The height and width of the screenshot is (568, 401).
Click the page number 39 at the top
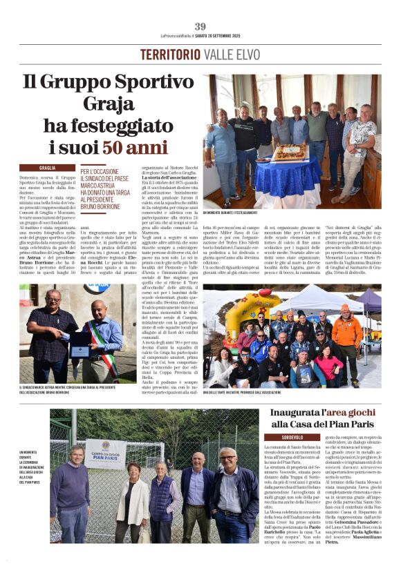(x=200, y=27)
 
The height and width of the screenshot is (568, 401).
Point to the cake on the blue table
(x=290, y=151)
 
